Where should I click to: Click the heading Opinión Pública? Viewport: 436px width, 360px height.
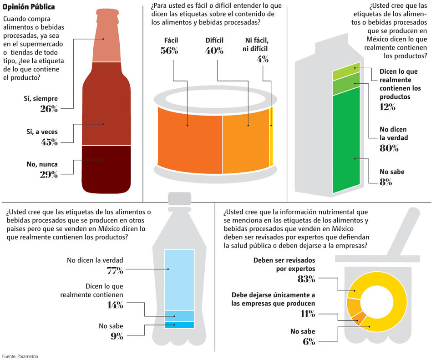(x=29, y=7)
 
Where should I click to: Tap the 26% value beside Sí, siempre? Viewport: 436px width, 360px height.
(x=49, y=109)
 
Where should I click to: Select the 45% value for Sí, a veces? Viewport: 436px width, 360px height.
(x=49, y=142)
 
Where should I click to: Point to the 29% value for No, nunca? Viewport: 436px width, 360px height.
(x=49, y=174)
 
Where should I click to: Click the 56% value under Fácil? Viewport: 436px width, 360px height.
(x=169, y=51)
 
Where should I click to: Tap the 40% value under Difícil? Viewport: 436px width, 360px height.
(x=214, y=51)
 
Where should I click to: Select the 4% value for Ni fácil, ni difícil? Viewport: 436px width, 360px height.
(x=263, y=59)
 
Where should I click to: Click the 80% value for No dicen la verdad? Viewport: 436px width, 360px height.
(x=389, y=148)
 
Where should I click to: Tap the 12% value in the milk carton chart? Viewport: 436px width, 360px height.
(x=387, y=107)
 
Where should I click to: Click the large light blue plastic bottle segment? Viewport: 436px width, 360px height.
(x=179, y=280)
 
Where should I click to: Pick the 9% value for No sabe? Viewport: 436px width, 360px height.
(x=117, y=336)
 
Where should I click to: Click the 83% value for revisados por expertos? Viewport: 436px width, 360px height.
(x=306, y=279)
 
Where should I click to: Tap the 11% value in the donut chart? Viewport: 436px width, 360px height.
(x=308, y=314)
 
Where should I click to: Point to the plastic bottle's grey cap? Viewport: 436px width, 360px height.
(x=179, y=198)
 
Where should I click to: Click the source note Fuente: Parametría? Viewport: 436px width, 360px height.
(x=20, y=355)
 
